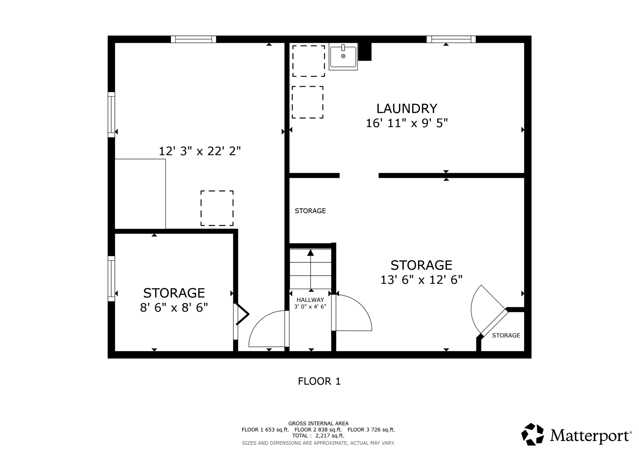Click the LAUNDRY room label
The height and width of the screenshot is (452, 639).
(x=407, y=109)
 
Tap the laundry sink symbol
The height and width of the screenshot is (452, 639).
(x=343, y=57)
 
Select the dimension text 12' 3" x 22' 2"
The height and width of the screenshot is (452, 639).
(x=200, y=151)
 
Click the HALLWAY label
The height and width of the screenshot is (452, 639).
(x=310, y=300)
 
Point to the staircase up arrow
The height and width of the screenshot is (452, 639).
(x=311, y=270)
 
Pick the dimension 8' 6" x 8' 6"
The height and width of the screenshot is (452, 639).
(x=174, y=307)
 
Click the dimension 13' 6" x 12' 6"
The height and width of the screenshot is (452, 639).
(x=421, y=280)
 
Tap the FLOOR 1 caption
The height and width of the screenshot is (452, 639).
(x=319, y=381)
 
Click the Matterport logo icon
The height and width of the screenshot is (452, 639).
(x=532, y=434)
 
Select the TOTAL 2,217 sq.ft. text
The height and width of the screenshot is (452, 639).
(x=318, y=436)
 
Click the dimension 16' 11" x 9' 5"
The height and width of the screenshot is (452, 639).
(x=407, y=123)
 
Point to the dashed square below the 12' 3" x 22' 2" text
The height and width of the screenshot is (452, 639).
(x=217, y=208)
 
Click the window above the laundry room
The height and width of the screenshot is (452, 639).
(x=451, y=39)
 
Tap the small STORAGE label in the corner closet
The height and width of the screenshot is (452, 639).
(x=506, y=336)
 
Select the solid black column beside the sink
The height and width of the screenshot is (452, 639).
(x=364, y=52)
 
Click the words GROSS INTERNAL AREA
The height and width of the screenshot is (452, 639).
(x=319, y=423)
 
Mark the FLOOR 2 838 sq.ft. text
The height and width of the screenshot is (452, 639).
(x=318, y=430)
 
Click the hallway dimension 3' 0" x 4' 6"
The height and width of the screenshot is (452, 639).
(x=310, y=307)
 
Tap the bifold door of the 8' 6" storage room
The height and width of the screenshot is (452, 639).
(x=242, y=314)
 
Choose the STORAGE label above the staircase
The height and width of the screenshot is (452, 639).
(x=310, y=211)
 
